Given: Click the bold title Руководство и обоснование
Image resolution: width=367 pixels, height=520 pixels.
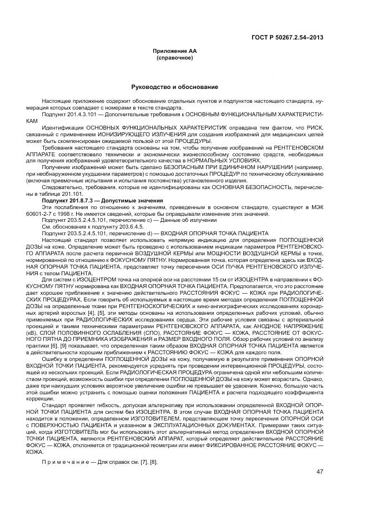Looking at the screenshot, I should (x=174, y=87).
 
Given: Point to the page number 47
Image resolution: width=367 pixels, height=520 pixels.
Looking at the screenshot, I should (x=320, y=472).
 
